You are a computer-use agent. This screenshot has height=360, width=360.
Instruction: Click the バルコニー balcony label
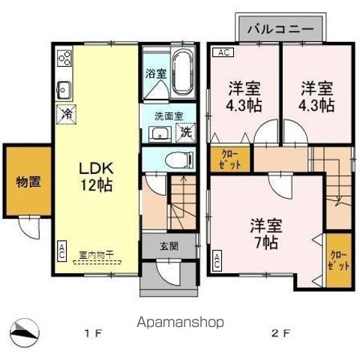[x=282, y=30]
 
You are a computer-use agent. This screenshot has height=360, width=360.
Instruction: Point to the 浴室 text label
[x=154, y=74]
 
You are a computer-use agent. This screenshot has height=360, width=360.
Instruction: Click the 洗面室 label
[x=169, y=116]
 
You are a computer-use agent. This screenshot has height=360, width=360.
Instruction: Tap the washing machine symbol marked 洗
[x=183, y=134]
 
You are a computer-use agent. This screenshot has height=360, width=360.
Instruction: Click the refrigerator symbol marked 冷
[x=66, y=114]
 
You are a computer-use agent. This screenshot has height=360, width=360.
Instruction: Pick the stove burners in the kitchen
[x=64, y=59]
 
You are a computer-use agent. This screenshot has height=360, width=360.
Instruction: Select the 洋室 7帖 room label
[x=263, y=232]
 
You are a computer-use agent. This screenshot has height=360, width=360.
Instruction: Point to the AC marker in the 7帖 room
[x=217, y=261]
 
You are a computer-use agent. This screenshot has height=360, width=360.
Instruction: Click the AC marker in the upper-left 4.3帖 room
[x=223, y=52]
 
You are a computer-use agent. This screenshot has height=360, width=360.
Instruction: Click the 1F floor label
[x=92, y=331]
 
